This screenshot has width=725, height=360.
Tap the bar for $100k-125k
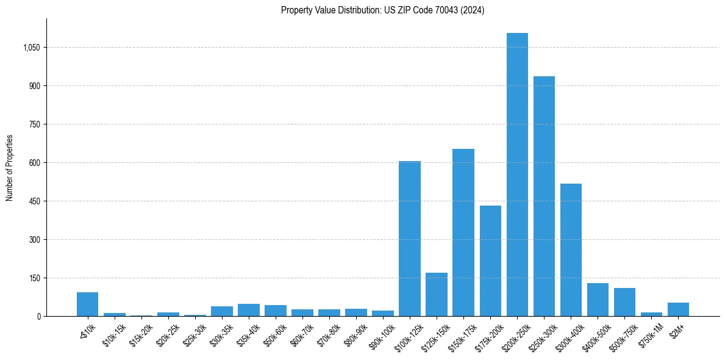click(x=410, y=239)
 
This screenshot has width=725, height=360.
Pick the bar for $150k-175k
click(x=463, y=232)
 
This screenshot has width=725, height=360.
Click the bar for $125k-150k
click(x=437, y=295)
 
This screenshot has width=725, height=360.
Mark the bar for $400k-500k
click(x=598, y=300)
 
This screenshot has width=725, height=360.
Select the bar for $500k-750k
click(x=624, y=302)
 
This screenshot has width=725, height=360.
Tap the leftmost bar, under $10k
click(x=87, y=304)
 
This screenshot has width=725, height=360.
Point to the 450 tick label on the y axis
click(x=34, y=201)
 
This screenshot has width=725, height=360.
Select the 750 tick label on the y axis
click(x=34, y=124)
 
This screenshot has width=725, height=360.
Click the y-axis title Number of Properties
click(x=10, y=168)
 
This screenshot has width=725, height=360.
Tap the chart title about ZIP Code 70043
click(x=382, y=10)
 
